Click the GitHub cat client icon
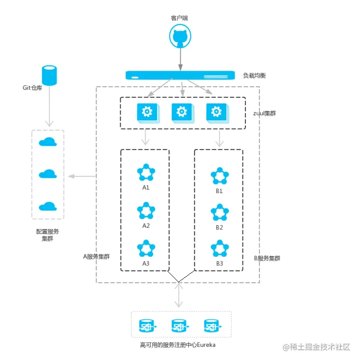(180, 36)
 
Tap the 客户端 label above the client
(179, 18)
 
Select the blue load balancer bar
(180, 75)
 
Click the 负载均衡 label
(254, 76)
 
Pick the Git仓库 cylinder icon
(49, 76)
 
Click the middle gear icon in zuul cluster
(183, 113)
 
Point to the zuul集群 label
(264, 113)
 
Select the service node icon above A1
(146, 172)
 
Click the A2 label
(146, 226)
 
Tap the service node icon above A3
(146, 248)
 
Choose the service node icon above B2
(220, 212)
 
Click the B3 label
(219, 263)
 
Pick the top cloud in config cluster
(48, 142)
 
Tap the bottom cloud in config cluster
(48, 206)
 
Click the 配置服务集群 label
(48, 235)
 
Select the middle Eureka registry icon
(180, 326)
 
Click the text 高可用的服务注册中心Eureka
(178, 345)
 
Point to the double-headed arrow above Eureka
(179, 295)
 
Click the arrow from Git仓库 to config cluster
(49, 106)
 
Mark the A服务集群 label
(96, 257)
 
